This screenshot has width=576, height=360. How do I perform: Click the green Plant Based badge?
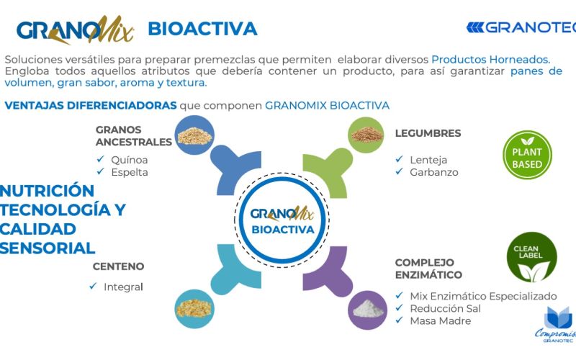tap(527, 155)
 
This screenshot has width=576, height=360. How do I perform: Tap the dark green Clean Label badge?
tap(531, 257)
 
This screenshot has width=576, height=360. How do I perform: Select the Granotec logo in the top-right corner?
tap(521, 27)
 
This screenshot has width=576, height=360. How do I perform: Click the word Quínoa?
tap(130, 160)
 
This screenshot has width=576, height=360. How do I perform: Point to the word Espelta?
tap(130, 172)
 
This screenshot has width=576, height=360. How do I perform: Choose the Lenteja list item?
tap(428, 160)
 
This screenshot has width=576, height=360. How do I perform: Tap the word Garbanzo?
tap(434, 172)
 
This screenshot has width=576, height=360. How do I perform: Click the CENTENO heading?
tap(118, 266)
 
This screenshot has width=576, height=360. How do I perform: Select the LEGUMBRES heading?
tap(428, 133)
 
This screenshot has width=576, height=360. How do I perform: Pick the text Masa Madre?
tap(441, 320)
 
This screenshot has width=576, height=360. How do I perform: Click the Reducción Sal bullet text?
tap(445, 309)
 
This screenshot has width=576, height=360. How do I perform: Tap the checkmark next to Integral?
tap(93, 286)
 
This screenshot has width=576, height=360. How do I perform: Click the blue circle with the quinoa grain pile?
tap(194, 135)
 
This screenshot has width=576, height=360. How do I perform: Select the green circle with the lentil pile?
tap(366, 135)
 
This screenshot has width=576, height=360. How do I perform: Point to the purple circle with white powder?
tap(367, 310)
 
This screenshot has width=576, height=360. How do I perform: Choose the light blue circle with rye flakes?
tap(194, 309)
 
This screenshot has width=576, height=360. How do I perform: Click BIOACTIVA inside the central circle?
tap(283, 230)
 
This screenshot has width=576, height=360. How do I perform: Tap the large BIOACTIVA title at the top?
tap(202, 29)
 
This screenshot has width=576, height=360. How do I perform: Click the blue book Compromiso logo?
tap(557, 325)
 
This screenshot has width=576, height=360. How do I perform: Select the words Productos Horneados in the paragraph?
tap(491, 59)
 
